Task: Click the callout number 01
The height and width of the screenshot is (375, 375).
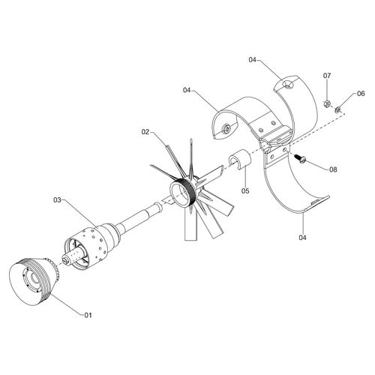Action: click(x=87, y=314)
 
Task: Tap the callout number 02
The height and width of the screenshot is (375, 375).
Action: click(x=147, y=132)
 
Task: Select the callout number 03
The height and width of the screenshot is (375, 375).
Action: click(x=57, y=200)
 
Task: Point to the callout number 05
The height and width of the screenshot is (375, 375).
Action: click(x=244, y=190)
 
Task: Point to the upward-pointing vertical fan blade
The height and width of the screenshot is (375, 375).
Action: click(x=193, y=154)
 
